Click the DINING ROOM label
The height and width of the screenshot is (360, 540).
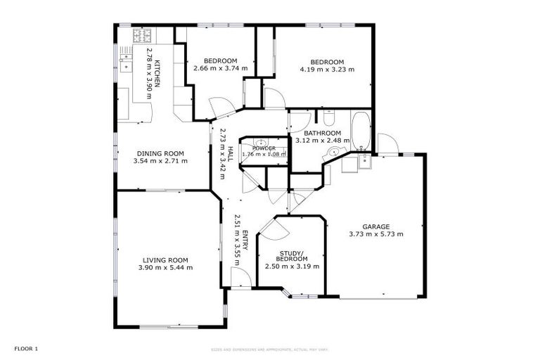[x=160, y=153]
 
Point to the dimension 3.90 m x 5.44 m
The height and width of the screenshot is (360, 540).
[x=165, y=267]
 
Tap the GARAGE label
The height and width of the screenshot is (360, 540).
[x=375, y=226]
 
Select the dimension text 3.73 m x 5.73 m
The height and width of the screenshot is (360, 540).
[x=375, y=234]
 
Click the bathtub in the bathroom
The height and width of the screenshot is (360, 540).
[x=360, y=131]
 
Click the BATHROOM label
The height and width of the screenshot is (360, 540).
[x=322, y=133]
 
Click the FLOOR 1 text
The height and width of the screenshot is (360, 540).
[x=26, y=349]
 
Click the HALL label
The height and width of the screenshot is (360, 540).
[x=230, y=150]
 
